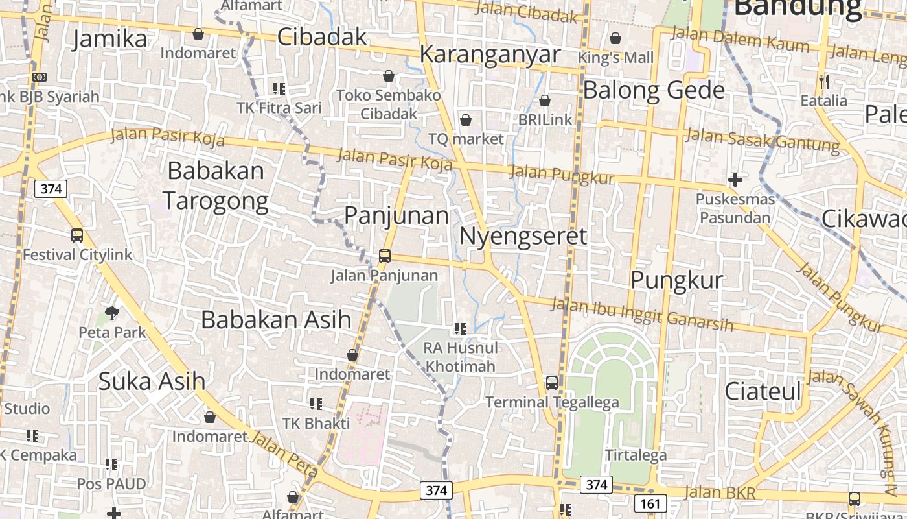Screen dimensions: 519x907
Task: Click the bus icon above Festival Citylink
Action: point(77,235)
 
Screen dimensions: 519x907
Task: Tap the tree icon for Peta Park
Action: point(112,314)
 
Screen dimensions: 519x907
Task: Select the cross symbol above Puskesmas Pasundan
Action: point(735,179)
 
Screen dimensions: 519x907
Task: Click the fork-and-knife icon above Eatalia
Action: point(824,82)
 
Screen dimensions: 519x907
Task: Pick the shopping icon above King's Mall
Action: point(615,39)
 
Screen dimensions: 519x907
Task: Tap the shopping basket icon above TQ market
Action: point(465,120)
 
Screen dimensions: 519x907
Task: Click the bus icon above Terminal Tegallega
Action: point(552,383)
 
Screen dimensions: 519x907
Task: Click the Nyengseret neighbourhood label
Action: point(523,236)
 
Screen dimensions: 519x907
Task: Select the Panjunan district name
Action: point(396,215)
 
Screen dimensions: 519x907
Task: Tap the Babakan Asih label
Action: point(276,319)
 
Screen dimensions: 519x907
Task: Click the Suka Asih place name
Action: point(152,381)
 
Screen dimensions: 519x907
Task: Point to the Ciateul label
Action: point(763,391)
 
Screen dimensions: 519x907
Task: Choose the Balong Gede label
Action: point(654,90)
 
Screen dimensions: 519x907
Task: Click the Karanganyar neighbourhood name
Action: point(490,54)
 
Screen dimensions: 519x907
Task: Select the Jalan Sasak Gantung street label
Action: point(762,139)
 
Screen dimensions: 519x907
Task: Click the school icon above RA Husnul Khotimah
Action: point(461,329)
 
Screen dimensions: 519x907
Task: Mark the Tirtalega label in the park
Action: point(636,455)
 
